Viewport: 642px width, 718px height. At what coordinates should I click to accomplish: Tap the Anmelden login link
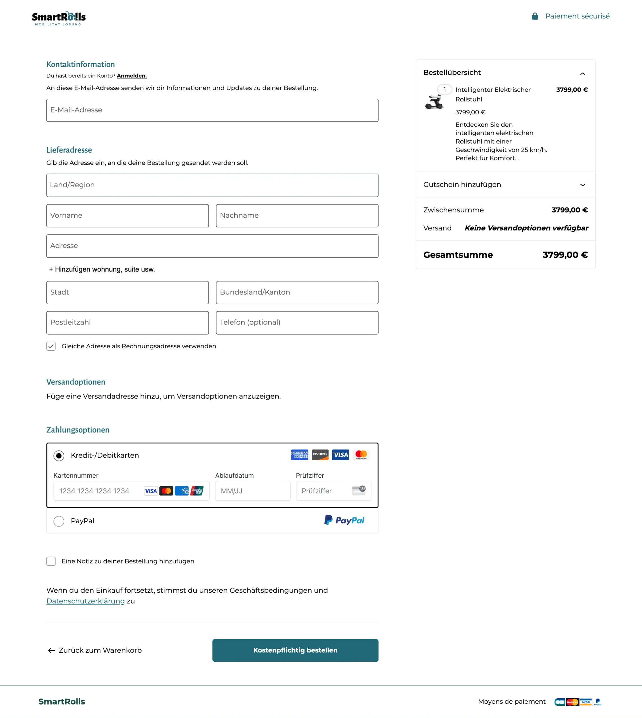click(132, 76)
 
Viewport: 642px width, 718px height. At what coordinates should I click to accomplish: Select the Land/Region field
click(212, 185)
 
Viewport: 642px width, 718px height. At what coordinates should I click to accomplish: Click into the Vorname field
click(127, 215)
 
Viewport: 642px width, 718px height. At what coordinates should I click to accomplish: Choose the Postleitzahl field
click(127, 322)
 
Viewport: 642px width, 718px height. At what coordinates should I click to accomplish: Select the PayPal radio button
click(59, 521)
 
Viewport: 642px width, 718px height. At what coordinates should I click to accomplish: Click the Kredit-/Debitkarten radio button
click(59, 456)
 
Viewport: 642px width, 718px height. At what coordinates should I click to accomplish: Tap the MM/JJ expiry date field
click(253, 491)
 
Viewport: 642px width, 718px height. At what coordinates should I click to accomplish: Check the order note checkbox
click(51, 561)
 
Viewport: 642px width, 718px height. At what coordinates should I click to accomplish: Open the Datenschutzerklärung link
click(86, 601)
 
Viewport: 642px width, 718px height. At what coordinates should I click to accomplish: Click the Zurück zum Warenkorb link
click(95, 650)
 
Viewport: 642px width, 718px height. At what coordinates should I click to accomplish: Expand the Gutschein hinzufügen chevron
click(583, 185)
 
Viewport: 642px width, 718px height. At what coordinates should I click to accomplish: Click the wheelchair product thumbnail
click(434, 102)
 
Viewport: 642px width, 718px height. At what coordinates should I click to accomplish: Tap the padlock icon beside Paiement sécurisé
click(535, 16)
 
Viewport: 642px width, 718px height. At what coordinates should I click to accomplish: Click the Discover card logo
click(320, 455)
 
